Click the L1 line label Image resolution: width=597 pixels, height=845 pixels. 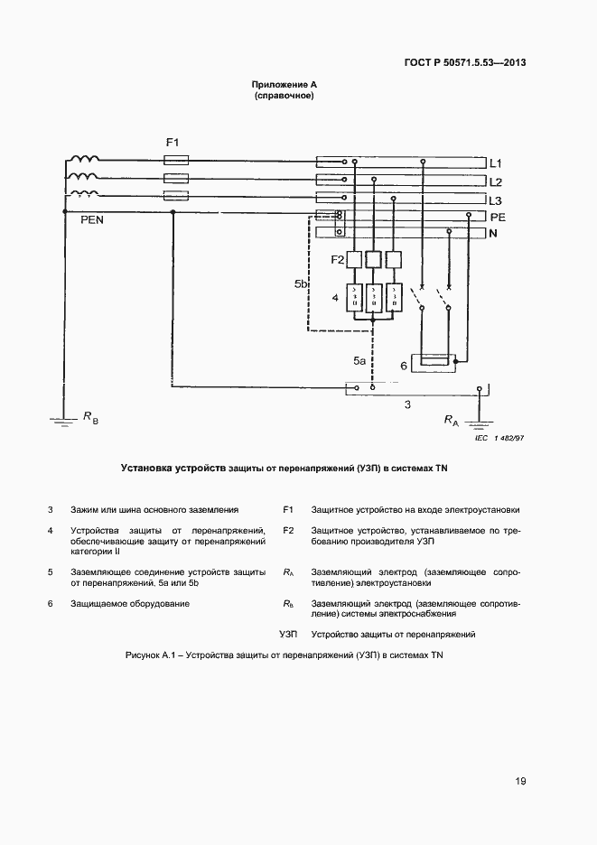pyautogui.click(x=495, y=163)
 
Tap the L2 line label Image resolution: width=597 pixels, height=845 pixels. pyautogui.click(x=495, y=181)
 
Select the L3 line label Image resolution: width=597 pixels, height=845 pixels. pyautogui.click(x=495, y=200)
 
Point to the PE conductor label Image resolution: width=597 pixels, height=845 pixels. pyautogui.click(x=497, y=218)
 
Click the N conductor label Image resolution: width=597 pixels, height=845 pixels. pyautogui.click(x=493, y=234)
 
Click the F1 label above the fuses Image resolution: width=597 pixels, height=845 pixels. pyautogui.click(x=173, y=142)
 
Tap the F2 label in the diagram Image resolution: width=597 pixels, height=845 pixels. pyautogui.click(x=338, y=260)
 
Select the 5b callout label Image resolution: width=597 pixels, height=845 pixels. pyautogui.click(x=302, y=284)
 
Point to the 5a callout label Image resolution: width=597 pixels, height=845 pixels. pyautogui.click(x=359, y=361)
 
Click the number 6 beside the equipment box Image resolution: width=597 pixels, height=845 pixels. pyautogui.click(x=403, y=366)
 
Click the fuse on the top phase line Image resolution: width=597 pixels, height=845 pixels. pyautogui.click(x=175, y=159)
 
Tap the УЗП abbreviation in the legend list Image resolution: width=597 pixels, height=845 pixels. pyautogui.click(x=289, y=635)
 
